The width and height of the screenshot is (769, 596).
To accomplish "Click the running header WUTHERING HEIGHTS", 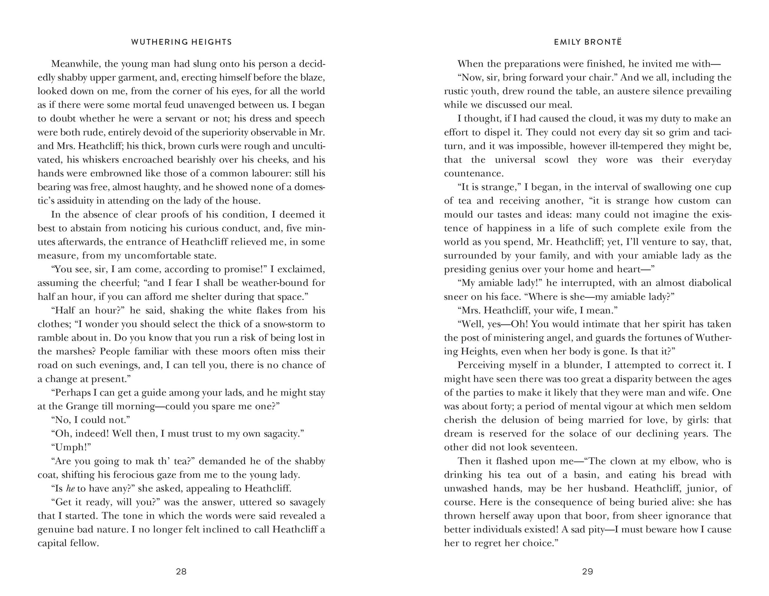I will [x=182, y=42].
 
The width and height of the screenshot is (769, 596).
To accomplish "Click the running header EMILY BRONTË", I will [x=588, y=42].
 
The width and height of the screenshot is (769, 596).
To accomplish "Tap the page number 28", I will [x=181, y=572].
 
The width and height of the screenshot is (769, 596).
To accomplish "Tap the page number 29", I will [x=588, y=572].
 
